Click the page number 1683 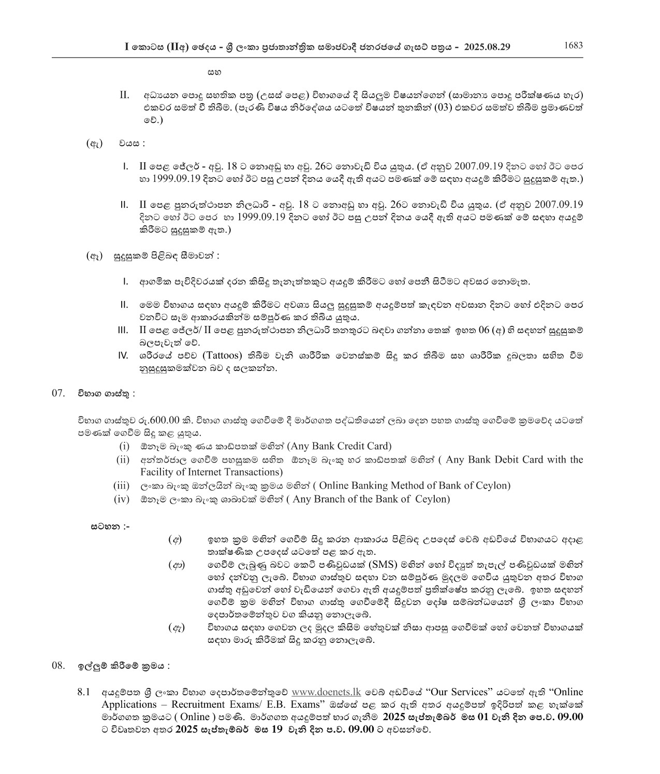(x=573, y=45)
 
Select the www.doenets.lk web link (x=326, y=692)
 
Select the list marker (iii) (x=121, y=485)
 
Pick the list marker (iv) (x=122, y=499)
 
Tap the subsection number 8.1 (x=84, y=692)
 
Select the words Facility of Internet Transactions (x=211, y=472)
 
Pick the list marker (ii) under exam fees (x=123, y=460)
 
